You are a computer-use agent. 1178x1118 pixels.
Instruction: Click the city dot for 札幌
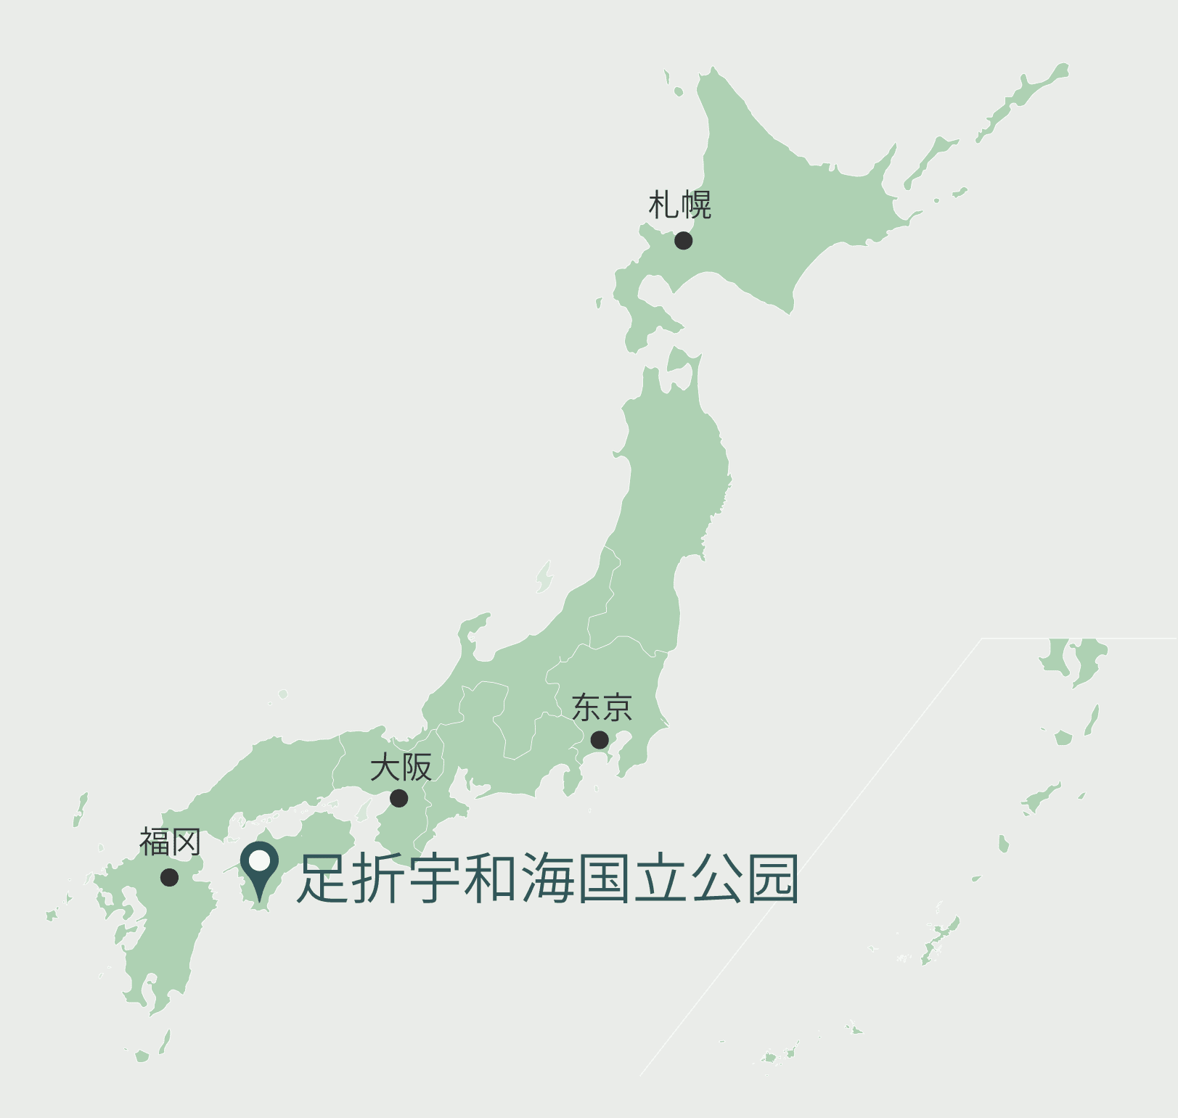pyautogui.click(x=683, y=240)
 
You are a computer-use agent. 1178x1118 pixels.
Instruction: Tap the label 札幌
pyautogui.click(x=679, y=205)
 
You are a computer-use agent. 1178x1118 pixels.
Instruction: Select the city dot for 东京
pyautogui.click(x=600, y=739)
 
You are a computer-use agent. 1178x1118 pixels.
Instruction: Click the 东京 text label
pyautogui.click(x=602, y=708)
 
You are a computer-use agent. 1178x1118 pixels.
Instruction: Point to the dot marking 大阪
pyautogui.click(x=398, y=798)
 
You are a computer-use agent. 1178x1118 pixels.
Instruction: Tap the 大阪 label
pyautogui.click(x=401, y=767)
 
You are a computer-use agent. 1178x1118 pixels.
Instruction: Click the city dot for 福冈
pyautogui.click(x=169, y=877)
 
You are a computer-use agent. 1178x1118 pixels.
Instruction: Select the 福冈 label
pyautogui.click(x=170, y=842)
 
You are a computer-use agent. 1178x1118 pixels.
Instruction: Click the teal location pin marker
pyautogui.click(x=259, y=866)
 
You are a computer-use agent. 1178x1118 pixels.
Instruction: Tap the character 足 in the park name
pyautogui.click(x=323, y=879)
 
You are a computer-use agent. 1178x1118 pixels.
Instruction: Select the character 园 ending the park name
pyautogui.click(x=773, y=879)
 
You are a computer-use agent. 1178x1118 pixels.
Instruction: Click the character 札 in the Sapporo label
pyautogui.click(x=663, y=205)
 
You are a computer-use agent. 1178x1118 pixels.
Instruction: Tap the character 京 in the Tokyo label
pyautogui.click(x=617, y=708)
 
